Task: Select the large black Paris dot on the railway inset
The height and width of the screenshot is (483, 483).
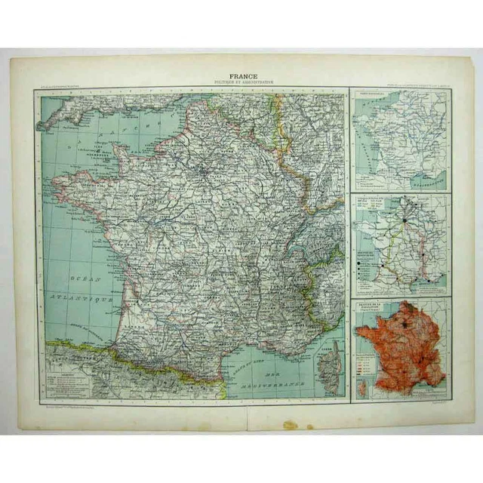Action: coord(405,220)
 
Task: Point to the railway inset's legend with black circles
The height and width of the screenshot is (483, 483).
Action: coord(369,265)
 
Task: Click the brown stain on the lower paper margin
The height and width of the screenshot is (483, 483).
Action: coord(291,425)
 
